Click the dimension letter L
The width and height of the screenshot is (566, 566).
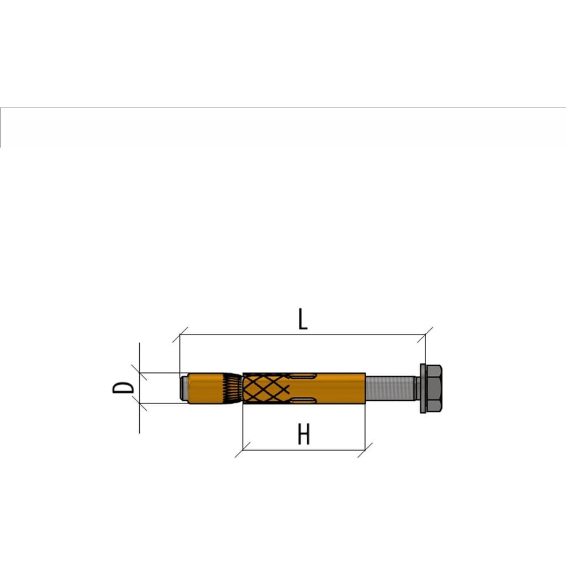pyautogui.click(x=303, y=319)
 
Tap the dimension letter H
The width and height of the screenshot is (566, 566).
pyautogui.click(x=304, y=434)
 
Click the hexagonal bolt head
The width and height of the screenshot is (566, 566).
pyautogui.click(x=434, y=388)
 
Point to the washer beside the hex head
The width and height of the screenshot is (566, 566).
pyautogui.click(x=423, y=388)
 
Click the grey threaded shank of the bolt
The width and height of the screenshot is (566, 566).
pyautogui.click(x=390, y=388)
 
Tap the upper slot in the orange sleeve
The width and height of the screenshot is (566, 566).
pyautogui.click(x=302, y=377)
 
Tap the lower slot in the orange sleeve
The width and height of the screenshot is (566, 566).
pyautogui.click(x=302, y=400)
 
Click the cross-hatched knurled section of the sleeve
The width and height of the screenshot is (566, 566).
pyautogui.click(x=266, y=388)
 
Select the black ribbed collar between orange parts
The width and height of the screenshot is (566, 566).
pyautogui.click(x=232, y=388)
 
